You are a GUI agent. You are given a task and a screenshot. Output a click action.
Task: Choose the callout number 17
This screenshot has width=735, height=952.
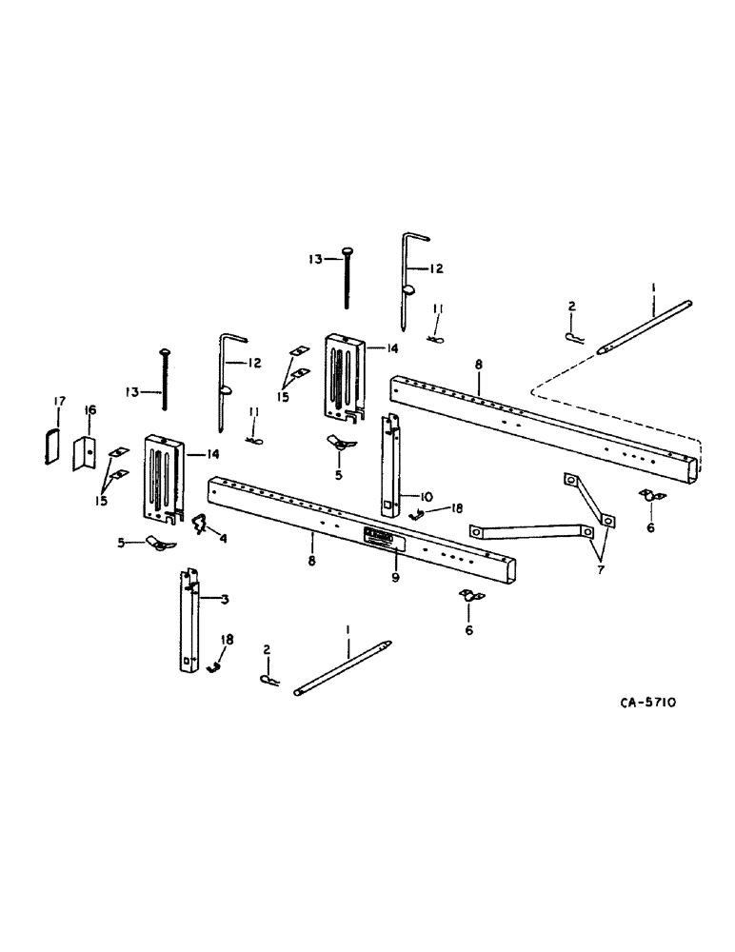tap(57, 402)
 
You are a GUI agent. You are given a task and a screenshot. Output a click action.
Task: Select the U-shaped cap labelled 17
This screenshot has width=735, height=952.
tap(52, 446)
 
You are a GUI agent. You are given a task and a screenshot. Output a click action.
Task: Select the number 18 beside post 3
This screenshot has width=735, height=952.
tap(226, 640)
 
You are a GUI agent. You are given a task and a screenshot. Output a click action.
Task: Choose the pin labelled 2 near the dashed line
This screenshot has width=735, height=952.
tap(574, 339)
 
